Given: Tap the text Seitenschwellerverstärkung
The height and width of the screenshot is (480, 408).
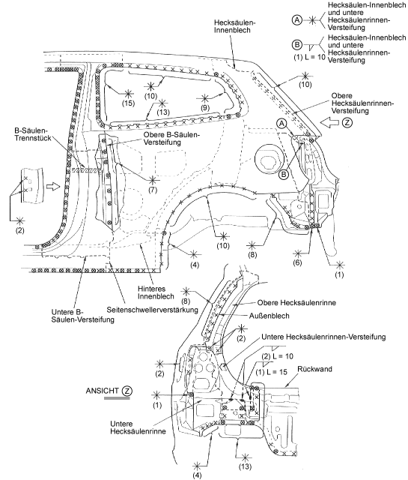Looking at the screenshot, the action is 153,310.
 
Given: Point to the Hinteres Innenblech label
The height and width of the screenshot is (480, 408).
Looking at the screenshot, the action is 156,292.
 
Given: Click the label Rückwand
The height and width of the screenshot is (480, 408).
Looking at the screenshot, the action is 314,369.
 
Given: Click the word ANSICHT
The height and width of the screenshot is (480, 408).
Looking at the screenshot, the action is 102,391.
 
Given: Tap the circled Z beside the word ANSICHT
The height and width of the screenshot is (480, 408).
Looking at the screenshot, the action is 127,391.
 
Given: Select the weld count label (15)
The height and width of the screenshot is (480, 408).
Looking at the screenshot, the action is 128,103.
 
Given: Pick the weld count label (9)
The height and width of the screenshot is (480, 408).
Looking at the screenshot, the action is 205,107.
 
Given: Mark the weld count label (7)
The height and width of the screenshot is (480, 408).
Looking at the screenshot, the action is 152,190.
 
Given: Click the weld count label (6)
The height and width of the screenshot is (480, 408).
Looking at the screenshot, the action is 297,262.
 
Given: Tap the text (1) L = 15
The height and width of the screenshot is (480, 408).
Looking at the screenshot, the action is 272,372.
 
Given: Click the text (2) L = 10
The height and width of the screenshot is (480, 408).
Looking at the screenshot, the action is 278,356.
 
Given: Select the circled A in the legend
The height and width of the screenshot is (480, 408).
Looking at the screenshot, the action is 297,20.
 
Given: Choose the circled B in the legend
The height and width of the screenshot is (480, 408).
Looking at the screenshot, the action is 297,45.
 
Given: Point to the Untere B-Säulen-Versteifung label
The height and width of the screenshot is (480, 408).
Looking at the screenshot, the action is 82,316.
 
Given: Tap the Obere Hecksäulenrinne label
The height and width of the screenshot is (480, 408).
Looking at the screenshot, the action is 296,303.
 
